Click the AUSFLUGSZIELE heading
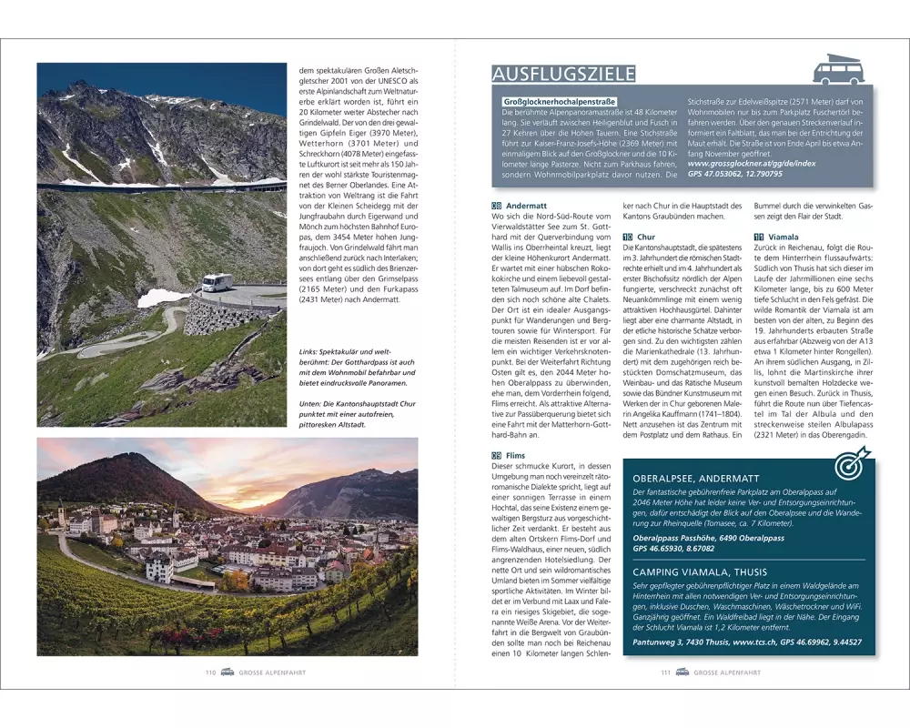coord(563,74)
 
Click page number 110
coord(209,672)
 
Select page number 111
coord(665,672)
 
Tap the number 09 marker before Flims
coord(496,456)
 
